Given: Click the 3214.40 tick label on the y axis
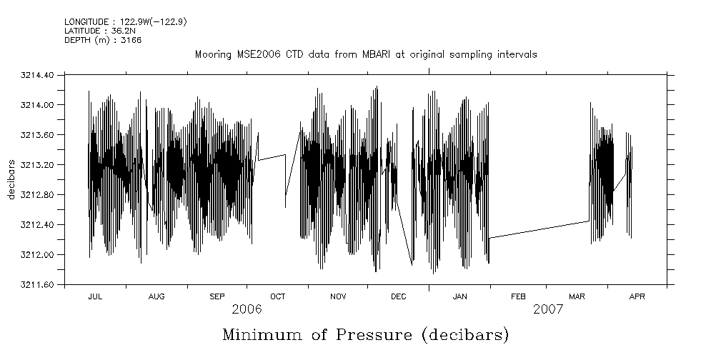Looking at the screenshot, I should tap(45, 75).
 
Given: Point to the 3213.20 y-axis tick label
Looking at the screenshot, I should tap(45, 165).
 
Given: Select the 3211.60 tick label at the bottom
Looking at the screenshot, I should tap(45, 285).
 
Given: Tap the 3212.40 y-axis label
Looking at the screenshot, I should tap(45, 225).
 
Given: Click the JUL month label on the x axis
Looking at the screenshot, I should tap(95, 296).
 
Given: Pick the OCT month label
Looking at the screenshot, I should tap(277, 296).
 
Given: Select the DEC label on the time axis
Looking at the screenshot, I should tap(398, 296).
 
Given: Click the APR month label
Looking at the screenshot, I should tap(637, 296).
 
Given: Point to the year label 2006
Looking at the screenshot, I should tap(247, 310).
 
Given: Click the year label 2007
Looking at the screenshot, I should tap(548, 310).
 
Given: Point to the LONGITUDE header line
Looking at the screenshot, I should tap(126, 21).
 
